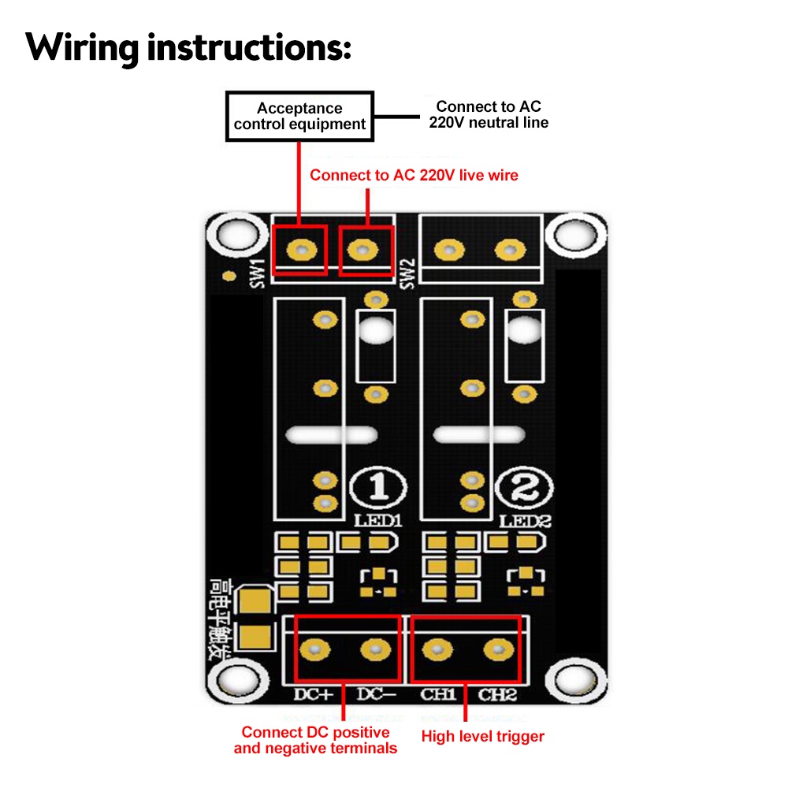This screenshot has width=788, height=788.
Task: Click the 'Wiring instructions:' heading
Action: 188,47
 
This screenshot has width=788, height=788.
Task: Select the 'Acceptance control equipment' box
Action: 299,117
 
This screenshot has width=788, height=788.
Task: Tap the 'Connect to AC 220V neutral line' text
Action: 489,114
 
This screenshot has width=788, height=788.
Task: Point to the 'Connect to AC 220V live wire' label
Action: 414,175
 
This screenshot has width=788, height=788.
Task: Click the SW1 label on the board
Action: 256,273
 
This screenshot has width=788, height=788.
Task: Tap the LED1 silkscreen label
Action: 379,521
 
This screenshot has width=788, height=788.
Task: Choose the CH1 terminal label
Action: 438,695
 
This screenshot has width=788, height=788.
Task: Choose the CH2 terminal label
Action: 498,695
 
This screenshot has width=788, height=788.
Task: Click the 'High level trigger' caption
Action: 482,737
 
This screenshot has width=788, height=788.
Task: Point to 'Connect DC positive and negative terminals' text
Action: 315,740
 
